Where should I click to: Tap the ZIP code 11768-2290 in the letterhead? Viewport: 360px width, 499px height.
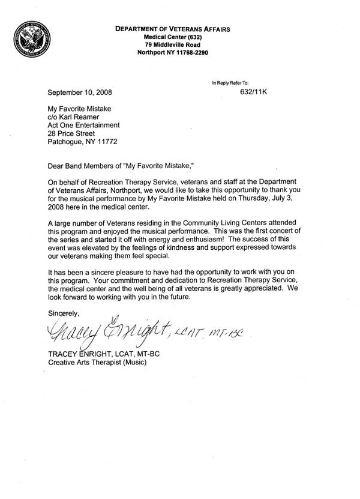point(203,52)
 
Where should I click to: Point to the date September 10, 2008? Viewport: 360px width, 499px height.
point(79,92)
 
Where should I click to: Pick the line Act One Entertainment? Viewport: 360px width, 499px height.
point(83,125)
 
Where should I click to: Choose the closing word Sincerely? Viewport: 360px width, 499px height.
point(62,313)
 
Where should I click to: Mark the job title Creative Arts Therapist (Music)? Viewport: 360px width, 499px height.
point(96,363)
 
